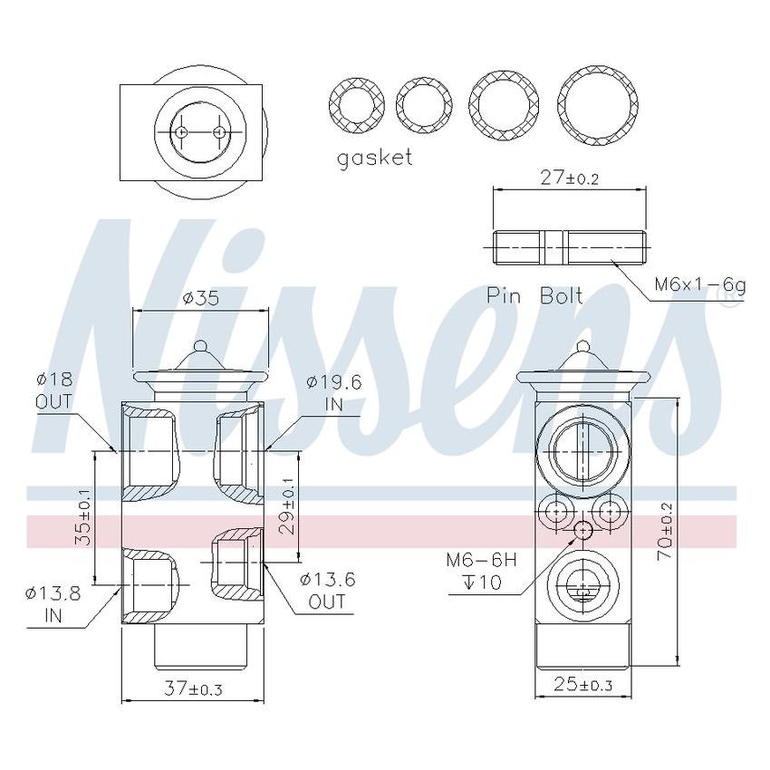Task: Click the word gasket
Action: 374,158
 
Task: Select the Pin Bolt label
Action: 534,295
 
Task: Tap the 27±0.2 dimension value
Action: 569,178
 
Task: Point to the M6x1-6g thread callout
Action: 700,285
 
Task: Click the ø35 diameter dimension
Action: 200,298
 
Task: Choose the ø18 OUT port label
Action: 53,390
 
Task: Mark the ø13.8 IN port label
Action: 53,603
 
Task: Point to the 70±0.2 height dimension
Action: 667,530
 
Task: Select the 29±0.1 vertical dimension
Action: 288,513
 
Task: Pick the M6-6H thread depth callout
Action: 481,572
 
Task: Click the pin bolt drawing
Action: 569,246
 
